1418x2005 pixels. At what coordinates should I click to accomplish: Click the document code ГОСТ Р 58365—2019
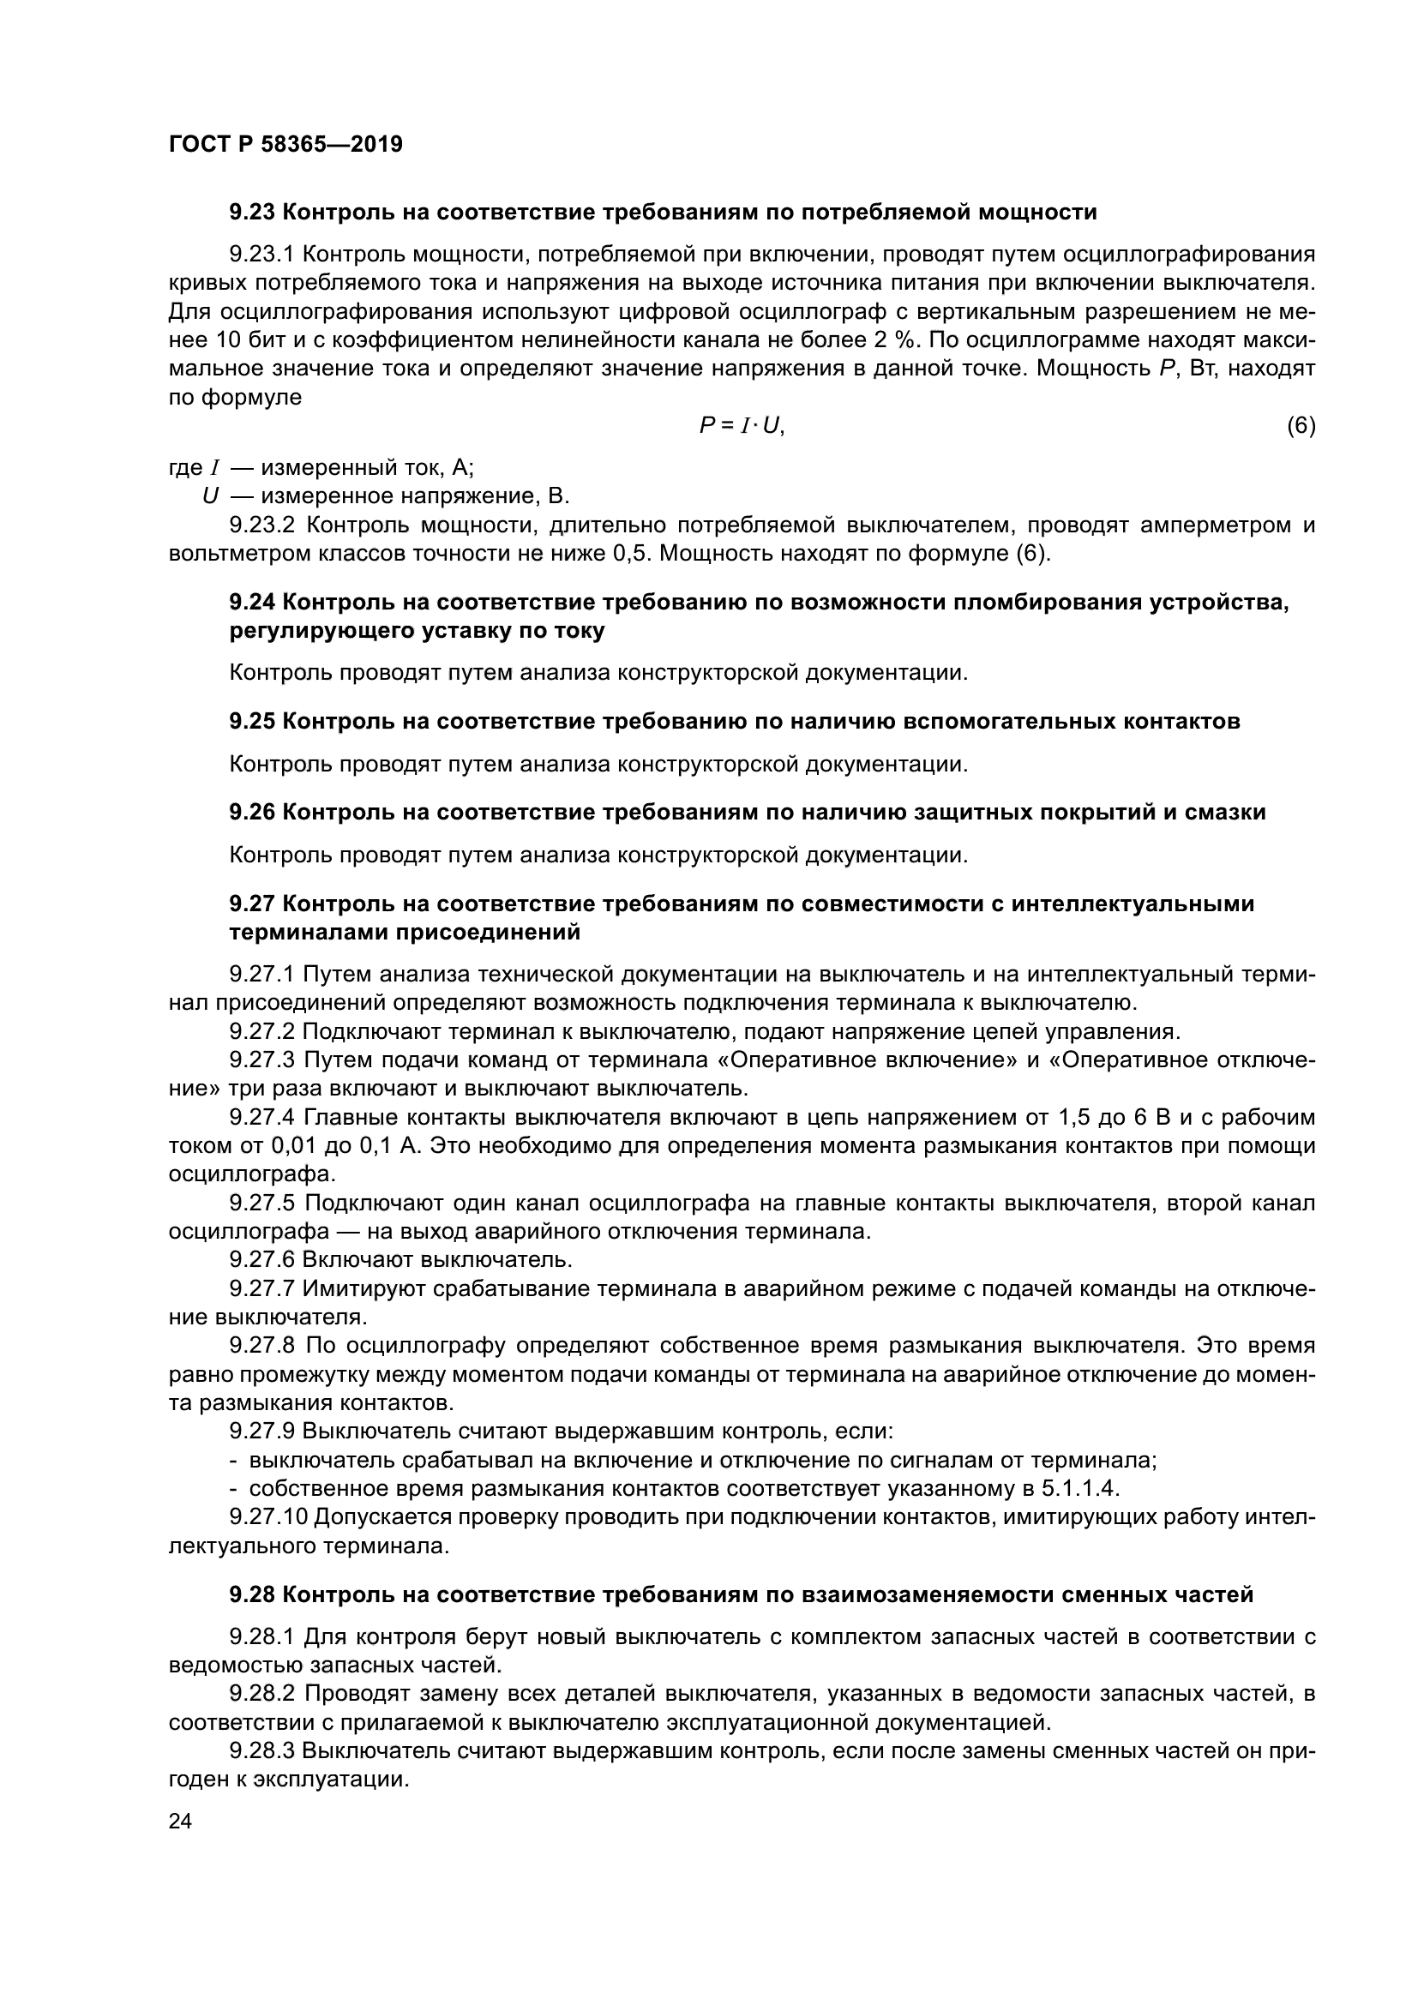click(x=285, y=144)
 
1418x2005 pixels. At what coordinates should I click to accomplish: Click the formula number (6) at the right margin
click(x=1301, y=426)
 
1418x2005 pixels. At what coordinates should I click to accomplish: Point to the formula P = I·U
click(x=742, y=426)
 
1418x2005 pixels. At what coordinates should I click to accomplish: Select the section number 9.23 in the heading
click(x=252, y=213)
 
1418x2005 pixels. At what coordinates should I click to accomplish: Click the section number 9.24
click(x=252, y=603)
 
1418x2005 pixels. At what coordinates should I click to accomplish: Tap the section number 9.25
click(x=252, y=721)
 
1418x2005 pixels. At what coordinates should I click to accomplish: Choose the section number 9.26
click(x=252, y=812)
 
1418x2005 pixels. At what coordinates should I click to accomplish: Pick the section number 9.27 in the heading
click(x=252, y=903)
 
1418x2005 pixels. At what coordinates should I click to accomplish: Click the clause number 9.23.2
click(x=264, y=525)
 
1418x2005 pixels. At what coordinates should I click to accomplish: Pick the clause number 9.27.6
click(x=264, y=1260)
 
